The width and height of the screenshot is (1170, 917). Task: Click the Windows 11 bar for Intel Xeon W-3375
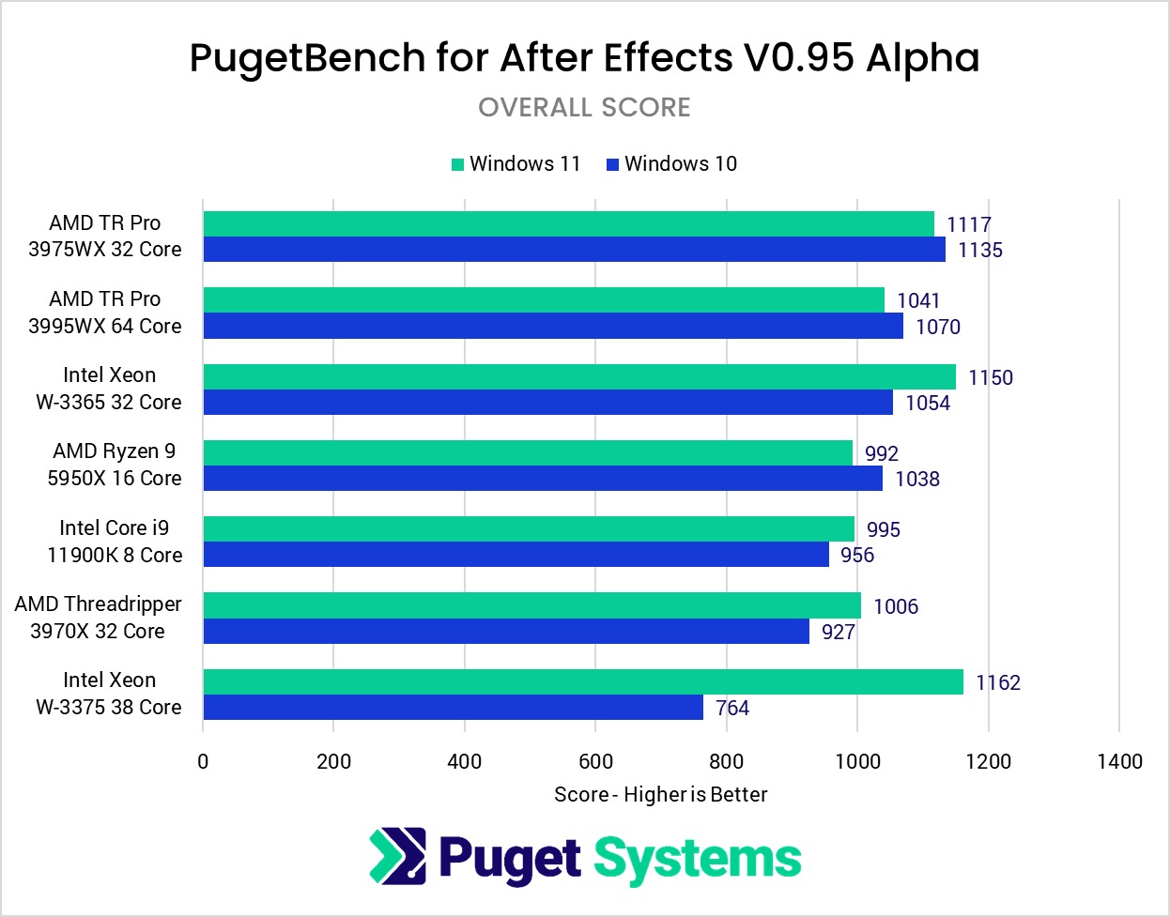click(582, 681)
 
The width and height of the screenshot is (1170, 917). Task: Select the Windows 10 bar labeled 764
click(453, 708)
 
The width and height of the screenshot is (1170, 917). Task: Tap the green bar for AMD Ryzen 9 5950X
click(527, 452)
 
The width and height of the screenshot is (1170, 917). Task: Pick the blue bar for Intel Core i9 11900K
click(516, 555)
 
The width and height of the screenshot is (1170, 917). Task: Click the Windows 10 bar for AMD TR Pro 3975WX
click(574, 250)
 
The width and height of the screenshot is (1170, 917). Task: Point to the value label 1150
click(990, 377)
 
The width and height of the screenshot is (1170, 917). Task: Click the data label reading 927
click(838, 632)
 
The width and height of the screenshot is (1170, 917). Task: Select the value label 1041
click(917, 300)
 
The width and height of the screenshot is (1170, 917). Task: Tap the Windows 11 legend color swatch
click(458, 164)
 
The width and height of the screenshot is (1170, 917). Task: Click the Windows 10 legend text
click(681, 164)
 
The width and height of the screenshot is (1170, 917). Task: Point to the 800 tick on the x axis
click(726, 761)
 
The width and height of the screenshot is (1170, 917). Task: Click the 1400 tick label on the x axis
click(1119, 761)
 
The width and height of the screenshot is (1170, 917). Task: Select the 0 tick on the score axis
click(203, 761)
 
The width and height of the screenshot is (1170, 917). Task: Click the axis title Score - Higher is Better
click(660, 795)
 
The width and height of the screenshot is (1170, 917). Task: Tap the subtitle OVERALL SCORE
click(584, 108)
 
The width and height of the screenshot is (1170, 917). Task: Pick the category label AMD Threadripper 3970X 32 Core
click(99, 618)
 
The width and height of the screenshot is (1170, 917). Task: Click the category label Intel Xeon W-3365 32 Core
click(109, 389)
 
